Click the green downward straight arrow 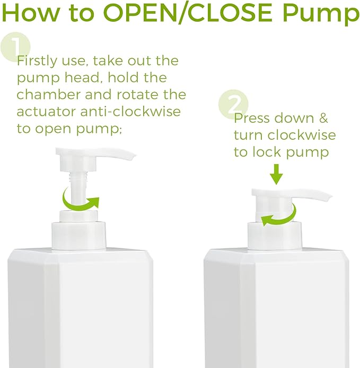coord(276,173)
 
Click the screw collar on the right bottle coord(274,235)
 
